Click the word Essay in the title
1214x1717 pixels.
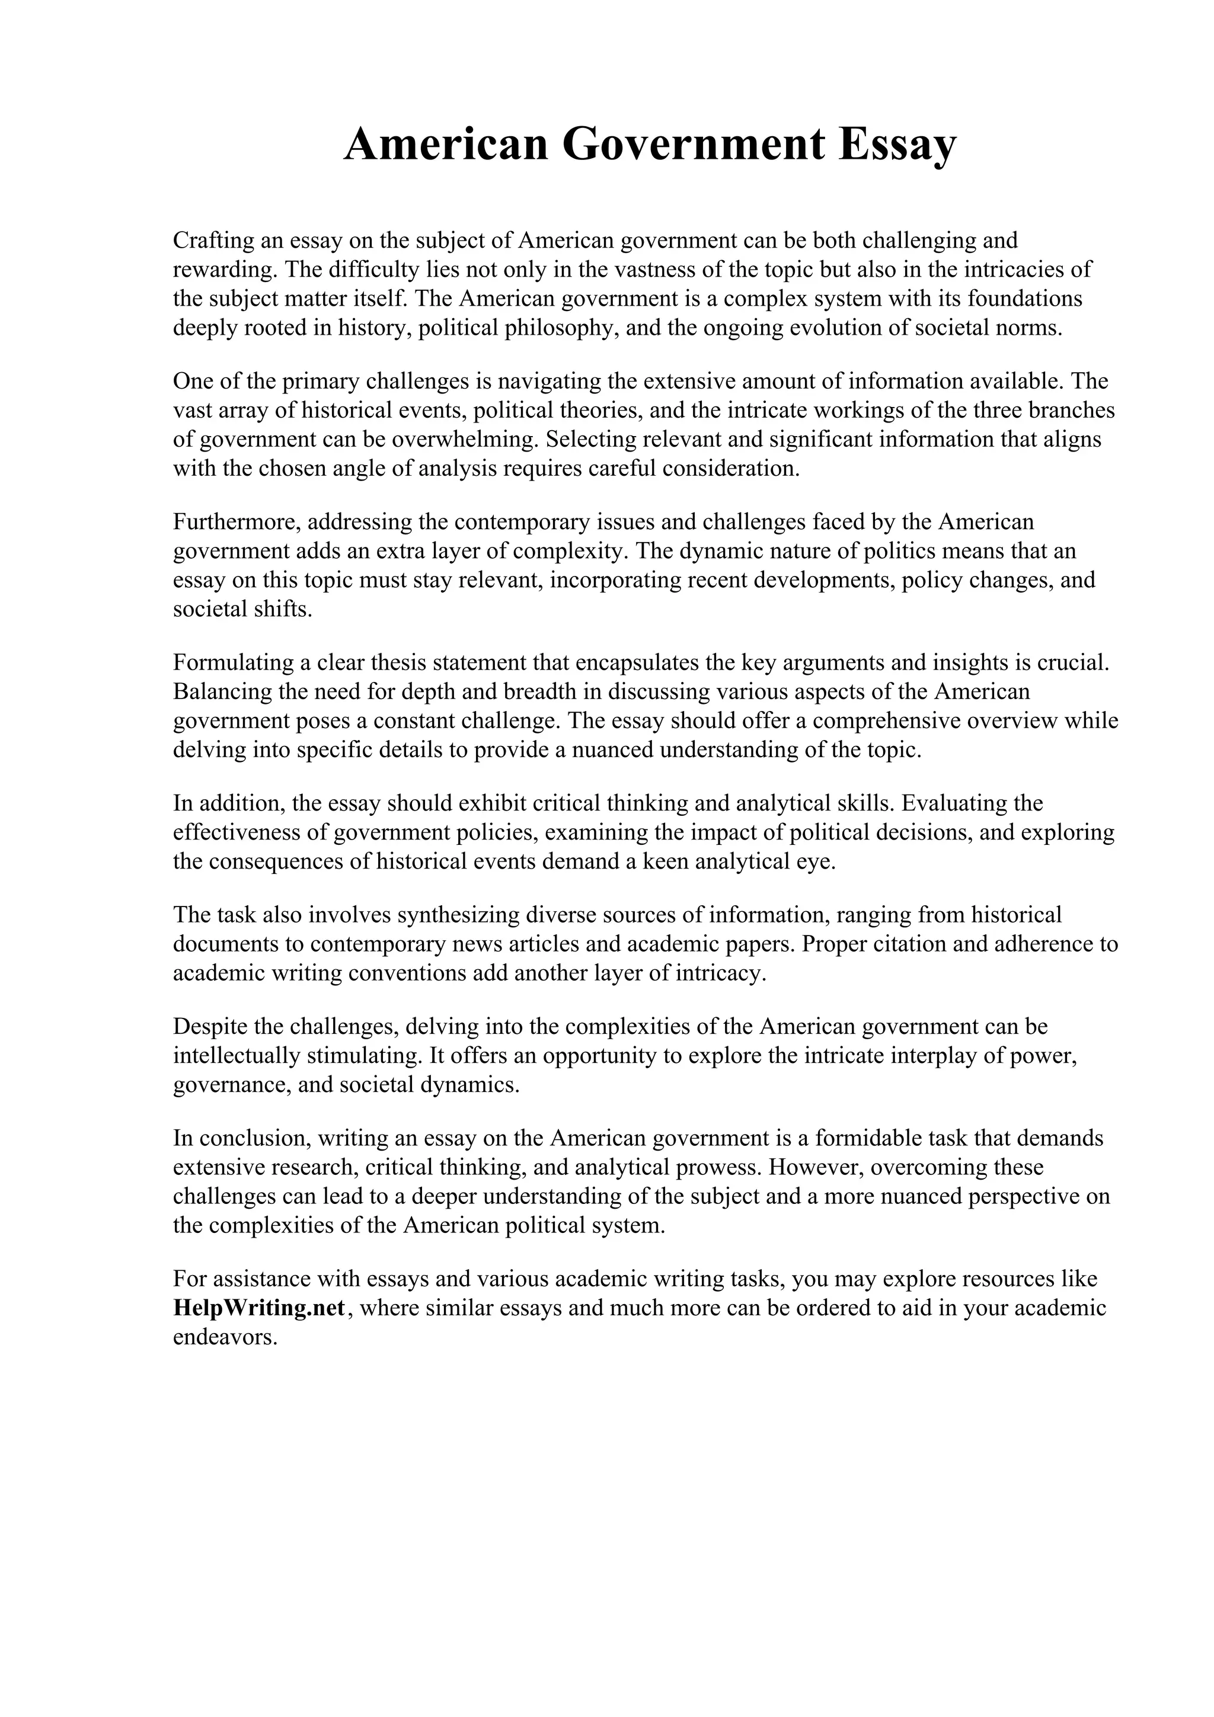pos(897,145)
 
